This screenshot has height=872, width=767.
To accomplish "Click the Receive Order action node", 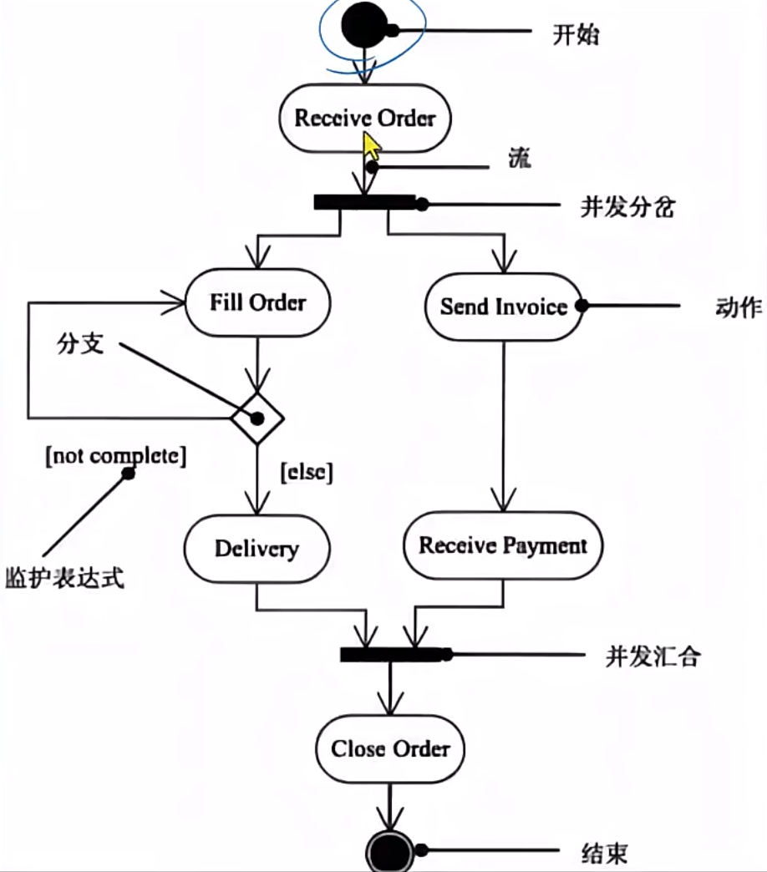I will (365, 118).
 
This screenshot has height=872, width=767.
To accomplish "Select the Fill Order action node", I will (257, 302).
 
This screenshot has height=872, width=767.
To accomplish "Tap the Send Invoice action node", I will (503, 306).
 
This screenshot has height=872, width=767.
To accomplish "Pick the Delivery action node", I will (257, 548).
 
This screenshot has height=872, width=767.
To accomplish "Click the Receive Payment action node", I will (503, 546).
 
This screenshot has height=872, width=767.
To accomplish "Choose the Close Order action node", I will (390, 748).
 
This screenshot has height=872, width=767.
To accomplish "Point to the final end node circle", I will (390, 854).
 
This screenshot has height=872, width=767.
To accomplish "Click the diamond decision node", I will (257, 418).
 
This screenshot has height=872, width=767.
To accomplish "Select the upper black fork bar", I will (364, 202).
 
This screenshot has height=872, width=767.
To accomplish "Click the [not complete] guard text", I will (116, 456).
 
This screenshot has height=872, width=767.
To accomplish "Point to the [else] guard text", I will (307, 473).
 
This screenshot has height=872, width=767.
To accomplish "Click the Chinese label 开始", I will (577, 35).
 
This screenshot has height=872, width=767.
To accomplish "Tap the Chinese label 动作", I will (739, 307).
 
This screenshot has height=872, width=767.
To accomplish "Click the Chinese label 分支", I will (81, 343).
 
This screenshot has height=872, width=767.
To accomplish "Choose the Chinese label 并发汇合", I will (653, 657).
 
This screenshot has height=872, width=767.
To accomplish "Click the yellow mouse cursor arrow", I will (370, 148).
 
